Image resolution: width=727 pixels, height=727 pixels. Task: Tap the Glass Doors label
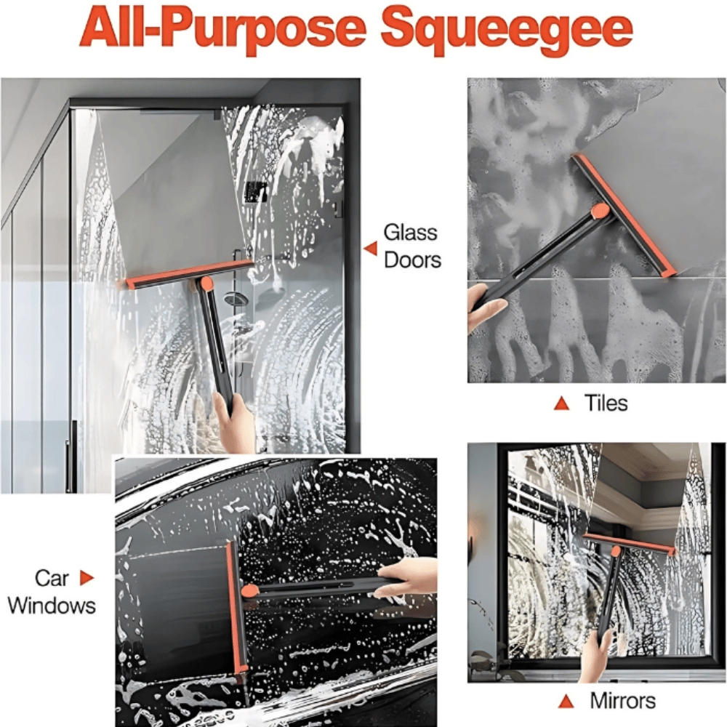pyautogui.click(x=411, y=246)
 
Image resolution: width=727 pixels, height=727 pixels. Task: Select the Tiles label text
pyautogui.click(x=606, y=403)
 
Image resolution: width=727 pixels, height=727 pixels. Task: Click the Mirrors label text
pyautogui.click(x=622, y=701)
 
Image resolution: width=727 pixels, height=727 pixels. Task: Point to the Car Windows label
pyautogui.click(x=52, y=592)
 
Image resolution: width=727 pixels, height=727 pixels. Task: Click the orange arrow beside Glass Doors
pyautogui.click(x=371, y=249)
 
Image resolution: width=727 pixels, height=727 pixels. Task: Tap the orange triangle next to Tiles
pyautogui.click(x=561, y=403)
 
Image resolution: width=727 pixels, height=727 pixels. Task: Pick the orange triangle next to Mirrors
pyautogui.click(x=566, y=701)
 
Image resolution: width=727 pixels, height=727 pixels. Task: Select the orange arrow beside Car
pyautogui.click(x=87, y=579)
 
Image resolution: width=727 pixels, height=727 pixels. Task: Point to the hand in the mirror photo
pyautogui.click(x=597, y=654)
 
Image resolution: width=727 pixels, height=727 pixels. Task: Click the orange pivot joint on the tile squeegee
pyautogui.click(x=600, y=212)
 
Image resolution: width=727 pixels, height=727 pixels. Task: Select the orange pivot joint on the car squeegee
pyautogui.click(x=249, y=591)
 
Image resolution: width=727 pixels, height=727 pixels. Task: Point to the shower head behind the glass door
pyautogui.click(x=234, y=298)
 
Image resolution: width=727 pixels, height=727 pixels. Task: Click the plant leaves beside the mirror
pyautogui.click(x=487, y=662)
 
